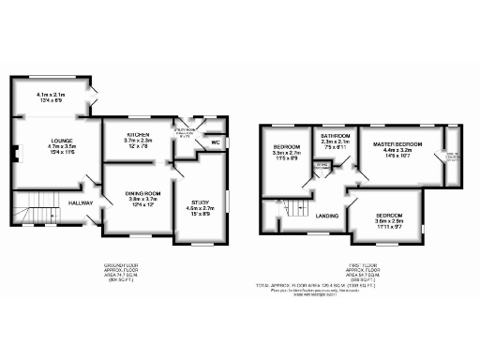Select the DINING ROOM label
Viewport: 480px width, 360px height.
[144, 193]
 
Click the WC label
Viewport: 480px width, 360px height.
[215, 142]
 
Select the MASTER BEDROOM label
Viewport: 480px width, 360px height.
[397, 144]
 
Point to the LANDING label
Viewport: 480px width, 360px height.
[327, 217]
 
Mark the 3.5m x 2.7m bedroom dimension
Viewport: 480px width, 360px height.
[286, 155]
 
